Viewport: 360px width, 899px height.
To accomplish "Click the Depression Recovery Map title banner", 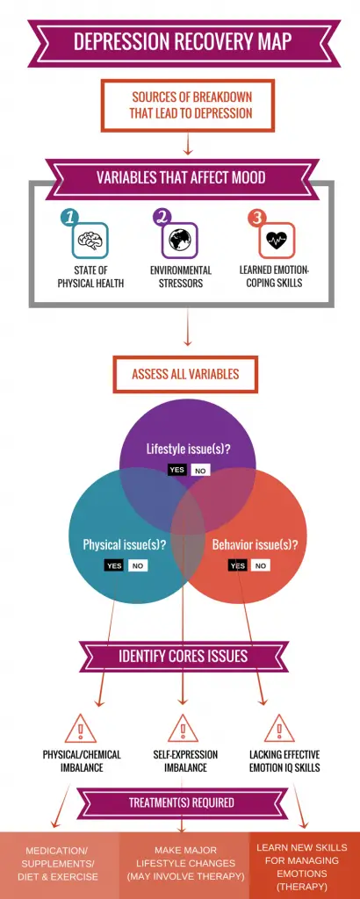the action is (x=184, y=42).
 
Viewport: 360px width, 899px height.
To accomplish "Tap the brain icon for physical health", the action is (x=90, y=240).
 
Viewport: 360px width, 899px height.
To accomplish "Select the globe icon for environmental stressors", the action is (x=180, y=240).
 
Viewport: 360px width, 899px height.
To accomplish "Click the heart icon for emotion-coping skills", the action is (x=277, y=240).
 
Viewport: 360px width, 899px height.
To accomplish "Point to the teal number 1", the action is (x=69, y=218).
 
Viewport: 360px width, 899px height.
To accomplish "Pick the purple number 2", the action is (x=162, y=218).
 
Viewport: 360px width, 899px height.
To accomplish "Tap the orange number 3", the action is (x=257, y=218).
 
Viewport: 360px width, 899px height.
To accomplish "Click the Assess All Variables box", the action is (x=185, y=374).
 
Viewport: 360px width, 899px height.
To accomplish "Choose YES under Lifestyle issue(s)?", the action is (x=177, y=471).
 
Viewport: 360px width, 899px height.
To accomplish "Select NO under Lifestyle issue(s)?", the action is (x=200, y=471).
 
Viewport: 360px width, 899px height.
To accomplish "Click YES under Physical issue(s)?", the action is (x=114, y=565).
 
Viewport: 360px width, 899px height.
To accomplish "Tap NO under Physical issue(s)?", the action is (x=138, y=566).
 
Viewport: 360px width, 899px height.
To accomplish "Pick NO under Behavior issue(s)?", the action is (x=261, y=566).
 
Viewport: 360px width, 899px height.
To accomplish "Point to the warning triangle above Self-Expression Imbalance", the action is (x=184, y=730).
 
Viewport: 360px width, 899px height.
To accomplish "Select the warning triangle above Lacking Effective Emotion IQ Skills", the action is (x=279, y=730).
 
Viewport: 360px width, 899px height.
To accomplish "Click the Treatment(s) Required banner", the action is (x=181, y=802).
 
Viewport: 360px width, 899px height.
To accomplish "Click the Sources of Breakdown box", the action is (x=187, y=105).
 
